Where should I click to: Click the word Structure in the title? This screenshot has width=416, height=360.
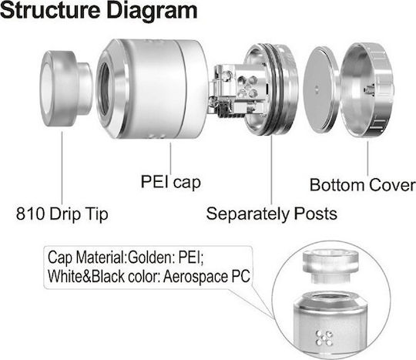point(50,10)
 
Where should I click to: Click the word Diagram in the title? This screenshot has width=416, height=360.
point(153,12)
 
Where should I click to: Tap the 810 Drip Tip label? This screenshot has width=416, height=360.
point(62,214)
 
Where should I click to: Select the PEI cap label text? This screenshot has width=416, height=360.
point(170,182)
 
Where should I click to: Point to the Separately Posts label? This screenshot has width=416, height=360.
point(272,214)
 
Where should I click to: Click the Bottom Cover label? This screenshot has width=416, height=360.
point(362,185)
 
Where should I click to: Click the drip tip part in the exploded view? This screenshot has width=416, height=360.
point(66,89)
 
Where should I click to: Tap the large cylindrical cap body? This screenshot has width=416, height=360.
point(152,89)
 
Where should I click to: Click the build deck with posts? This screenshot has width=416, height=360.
point(254,89)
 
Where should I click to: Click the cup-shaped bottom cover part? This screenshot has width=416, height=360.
point(367,89)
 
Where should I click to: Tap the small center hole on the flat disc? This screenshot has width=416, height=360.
point(316,89)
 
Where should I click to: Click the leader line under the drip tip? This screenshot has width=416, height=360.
point(62,168)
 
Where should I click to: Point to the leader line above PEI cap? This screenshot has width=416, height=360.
point(170,159)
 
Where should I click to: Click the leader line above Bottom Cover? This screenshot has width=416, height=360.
point(367,158)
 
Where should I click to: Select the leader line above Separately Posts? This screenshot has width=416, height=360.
point(271,170)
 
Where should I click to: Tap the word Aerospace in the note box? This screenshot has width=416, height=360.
point(196,277)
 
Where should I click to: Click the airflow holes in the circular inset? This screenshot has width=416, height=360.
point(324,338)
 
